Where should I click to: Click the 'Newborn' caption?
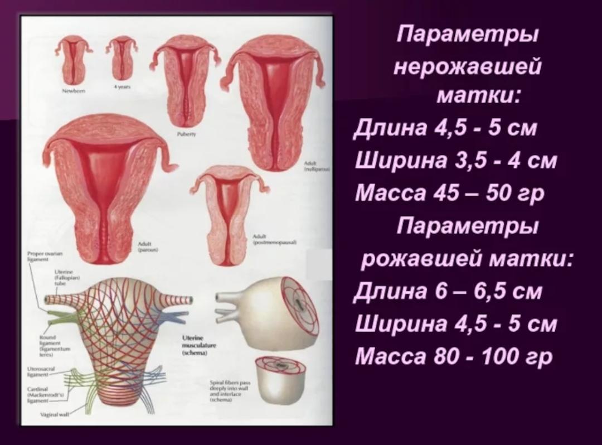(x=74, y=91)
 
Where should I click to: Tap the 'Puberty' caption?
(x=184, y=134)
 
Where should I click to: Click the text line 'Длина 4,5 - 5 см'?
(x=445, y=129)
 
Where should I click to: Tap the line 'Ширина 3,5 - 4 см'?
(x=456, y=161)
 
